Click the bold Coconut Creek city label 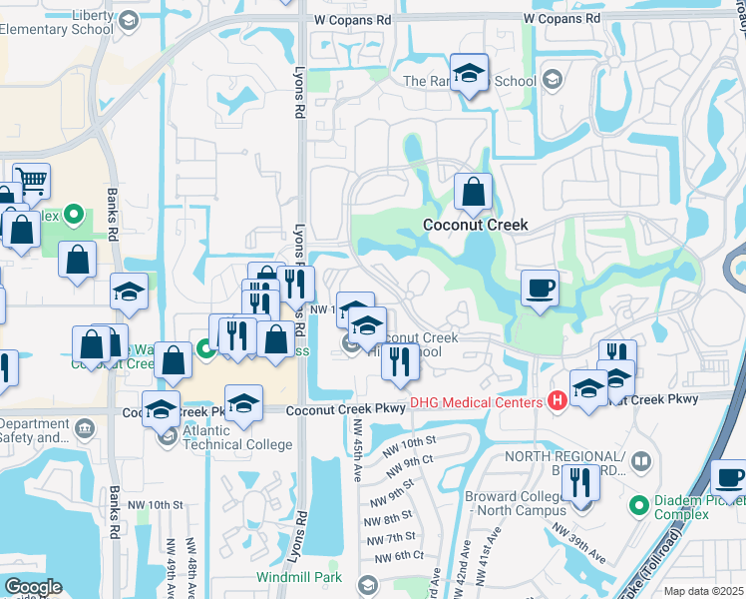(x=475, y=225)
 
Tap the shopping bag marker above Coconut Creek (x=474, y=192)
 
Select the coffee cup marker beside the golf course (x=540, y=289)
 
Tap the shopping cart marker (x=33, y=181)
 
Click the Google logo (x=33, y=587)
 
